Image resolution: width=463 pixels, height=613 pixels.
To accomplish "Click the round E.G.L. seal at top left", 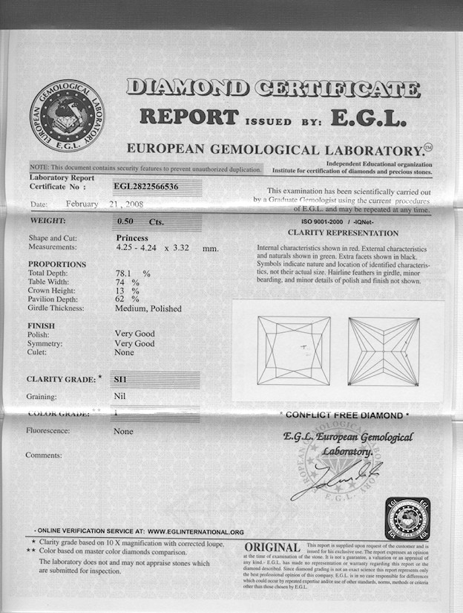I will (x=67, y=116).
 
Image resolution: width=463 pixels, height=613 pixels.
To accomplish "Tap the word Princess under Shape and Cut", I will (x=133, y=238).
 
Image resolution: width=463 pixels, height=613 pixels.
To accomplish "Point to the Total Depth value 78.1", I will (x=127, y=273).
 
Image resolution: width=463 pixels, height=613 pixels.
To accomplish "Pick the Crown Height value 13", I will (x=121, y=291).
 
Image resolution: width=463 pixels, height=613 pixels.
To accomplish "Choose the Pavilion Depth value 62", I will (x=121, y=299).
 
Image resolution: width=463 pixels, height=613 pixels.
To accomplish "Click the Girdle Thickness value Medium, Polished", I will (x=148, y=308).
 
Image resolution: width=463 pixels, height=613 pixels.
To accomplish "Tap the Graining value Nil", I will (x=119, y=396).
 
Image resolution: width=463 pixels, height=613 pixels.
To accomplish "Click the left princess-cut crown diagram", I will (x=294, y=350).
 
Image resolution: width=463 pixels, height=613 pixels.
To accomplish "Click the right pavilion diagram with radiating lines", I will (x=383, y=351).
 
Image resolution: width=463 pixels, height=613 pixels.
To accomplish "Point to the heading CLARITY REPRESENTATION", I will (x=344, y=232).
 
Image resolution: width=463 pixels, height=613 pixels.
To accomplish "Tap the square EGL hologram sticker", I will (x=408, y=519).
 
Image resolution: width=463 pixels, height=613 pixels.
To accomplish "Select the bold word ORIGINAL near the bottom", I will (x=272, y=548).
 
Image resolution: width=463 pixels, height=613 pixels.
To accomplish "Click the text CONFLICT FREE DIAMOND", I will (x=344, y=415).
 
